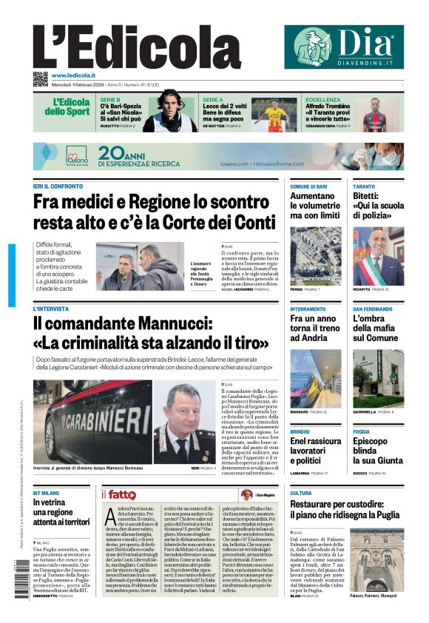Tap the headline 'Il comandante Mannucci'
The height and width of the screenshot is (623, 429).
150,334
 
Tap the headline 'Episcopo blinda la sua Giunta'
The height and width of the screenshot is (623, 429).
374,451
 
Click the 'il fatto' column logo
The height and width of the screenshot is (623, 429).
118,495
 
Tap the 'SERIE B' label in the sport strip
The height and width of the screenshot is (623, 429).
110,99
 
